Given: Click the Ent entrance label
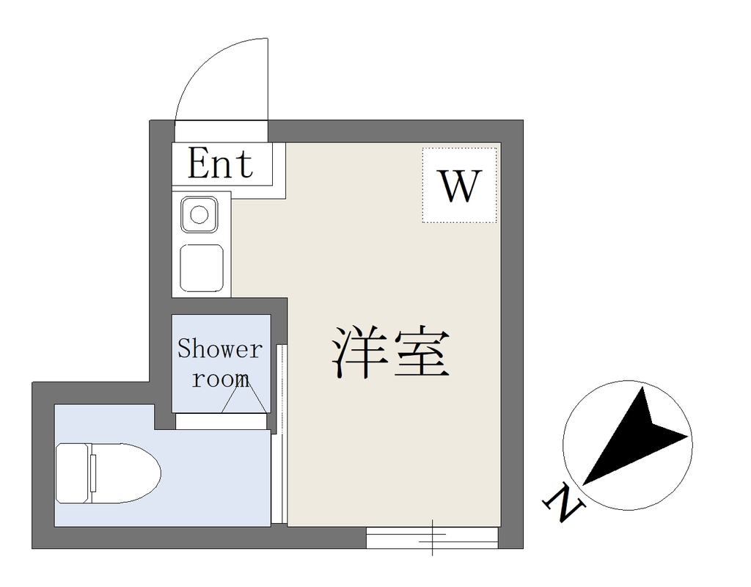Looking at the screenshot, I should pyautogui.click(x=221, y=163).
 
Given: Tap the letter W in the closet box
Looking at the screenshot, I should pyautogui.click(x=460, y=186).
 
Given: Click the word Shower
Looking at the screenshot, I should pyautogui.click(x=220, y=349).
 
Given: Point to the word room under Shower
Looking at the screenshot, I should pyautogui.click(x=220, y=379).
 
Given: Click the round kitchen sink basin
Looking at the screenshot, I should pyautogui.click(x=199, y=214).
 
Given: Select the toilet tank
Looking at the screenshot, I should pyautogui.click(x=74, y=473).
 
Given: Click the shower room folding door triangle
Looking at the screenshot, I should pyautogui.click(x=244, y=398).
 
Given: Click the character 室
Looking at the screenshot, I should pyautogui.click(x=422, y=353).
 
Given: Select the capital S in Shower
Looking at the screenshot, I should pyautogui.click(x=184, y=349).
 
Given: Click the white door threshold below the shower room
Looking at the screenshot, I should pyautogui.click(x=221, y=421).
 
